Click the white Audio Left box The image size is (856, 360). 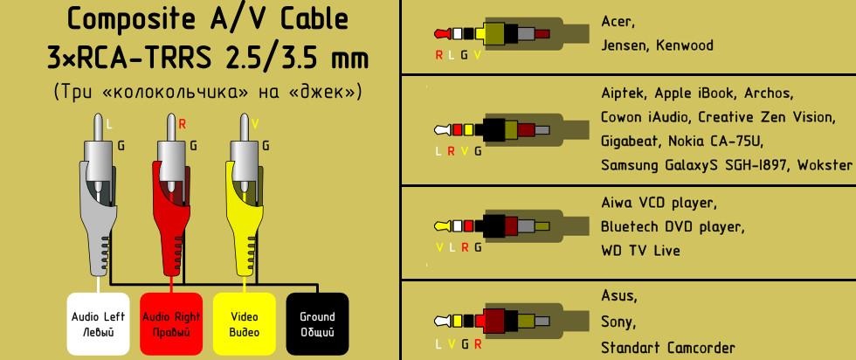pos(98,324)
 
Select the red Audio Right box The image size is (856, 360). pos(171,324)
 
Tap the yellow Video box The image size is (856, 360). pos(244,324)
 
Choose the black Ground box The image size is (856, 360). pos(316,324)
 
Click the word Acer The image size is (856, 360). pos(618,21)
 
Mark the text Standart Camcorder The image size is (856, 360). pos(668,346)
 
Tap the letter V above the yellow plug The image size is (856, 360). pos(254,125)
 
